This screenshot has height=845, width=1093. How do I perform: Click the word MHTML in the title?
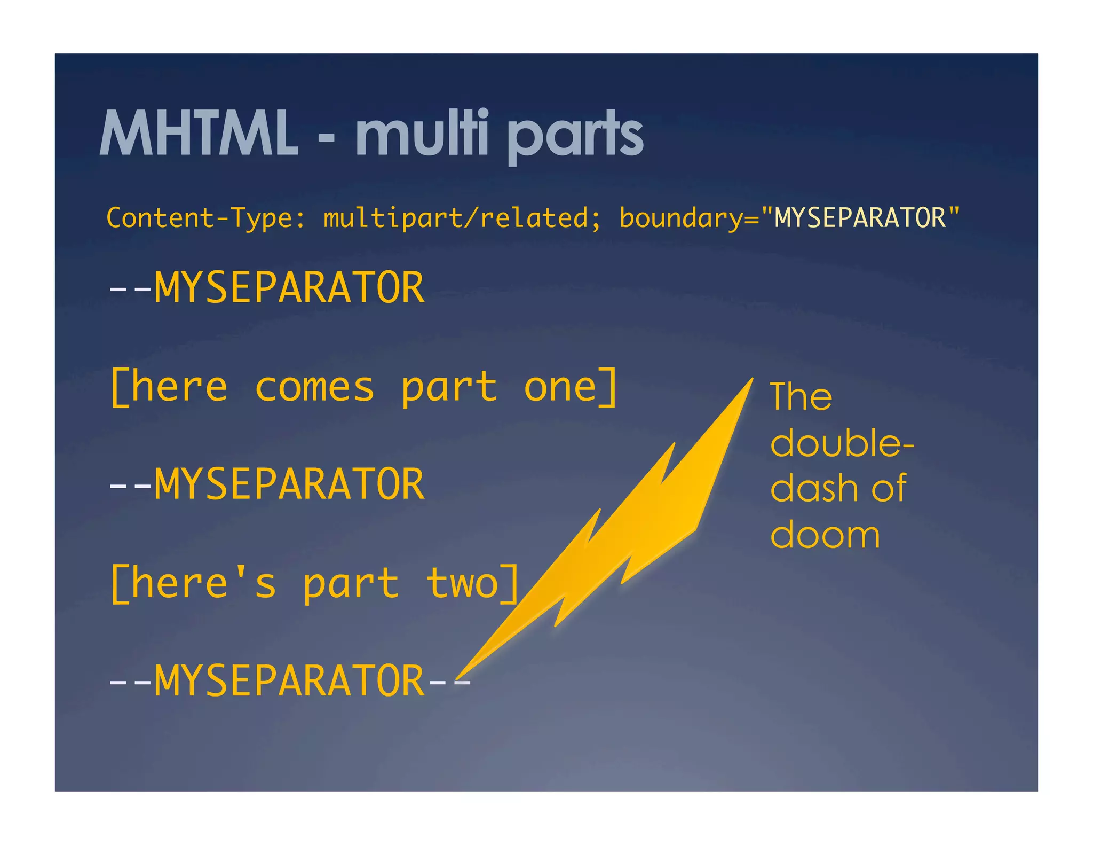(199, 134)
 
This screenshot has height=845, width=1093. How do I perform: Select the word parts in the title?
(575, 136)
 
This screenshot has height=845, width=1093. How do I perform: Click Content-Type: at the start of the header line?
(206, 218)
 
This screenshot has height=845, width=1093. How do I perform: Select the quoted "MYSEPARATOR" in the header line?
(860, 218)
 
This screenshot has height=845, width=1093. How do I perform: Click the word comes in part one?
(315, 387)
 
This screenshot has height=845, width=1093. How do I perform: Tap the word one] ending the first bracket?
(571, 387)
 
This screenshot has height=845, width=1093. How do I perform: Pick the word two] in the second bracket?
(473, 583)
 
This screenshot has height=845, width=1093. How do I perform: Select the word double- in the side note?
(842, 443)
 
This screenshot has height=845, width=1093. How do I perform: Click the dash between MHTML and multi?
(326, 138)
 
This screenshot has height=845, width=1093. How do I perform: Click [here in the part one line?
(169, 387)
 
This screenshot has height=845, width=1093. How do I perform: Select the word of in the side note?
(889, 488)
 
